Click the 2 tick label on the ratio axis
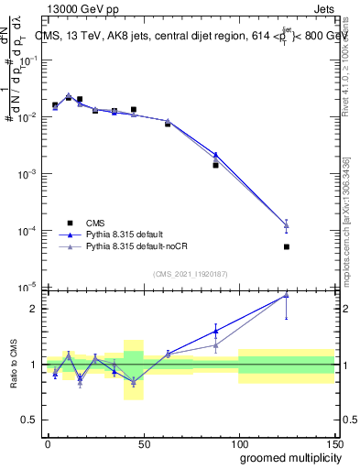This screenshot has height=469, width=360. pyautogui.click(x=32, y=309)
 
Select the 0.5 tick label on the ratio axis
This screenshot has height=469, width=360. pyautogui.click(x=28, y=420)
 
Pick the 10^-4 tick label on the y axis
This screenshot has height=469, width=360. pyautogui.click(x=28, y=231)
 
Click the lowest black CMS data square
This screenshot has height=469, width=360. pyautogui.click(x=287, y=246)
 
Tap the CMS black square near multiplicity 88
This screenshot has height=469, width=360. pyautogui.click(x=215, y=165)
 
